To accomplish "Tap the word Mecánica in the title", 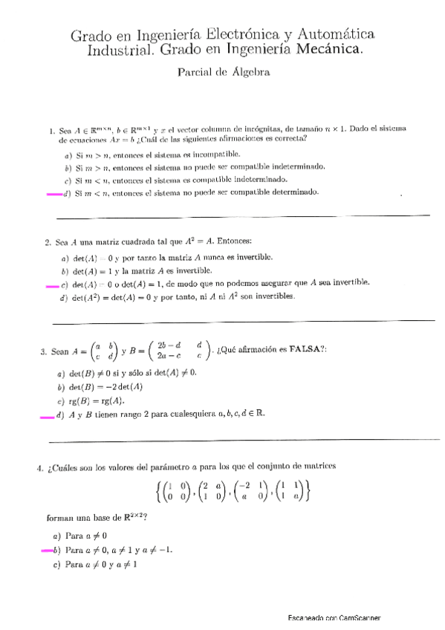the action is [329, 51].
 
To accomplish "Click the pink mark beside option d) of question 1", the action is [54, 195].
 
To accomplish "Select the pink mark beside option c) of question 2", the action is [51, 285].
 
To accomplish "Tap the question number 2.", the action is [47, 242].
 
